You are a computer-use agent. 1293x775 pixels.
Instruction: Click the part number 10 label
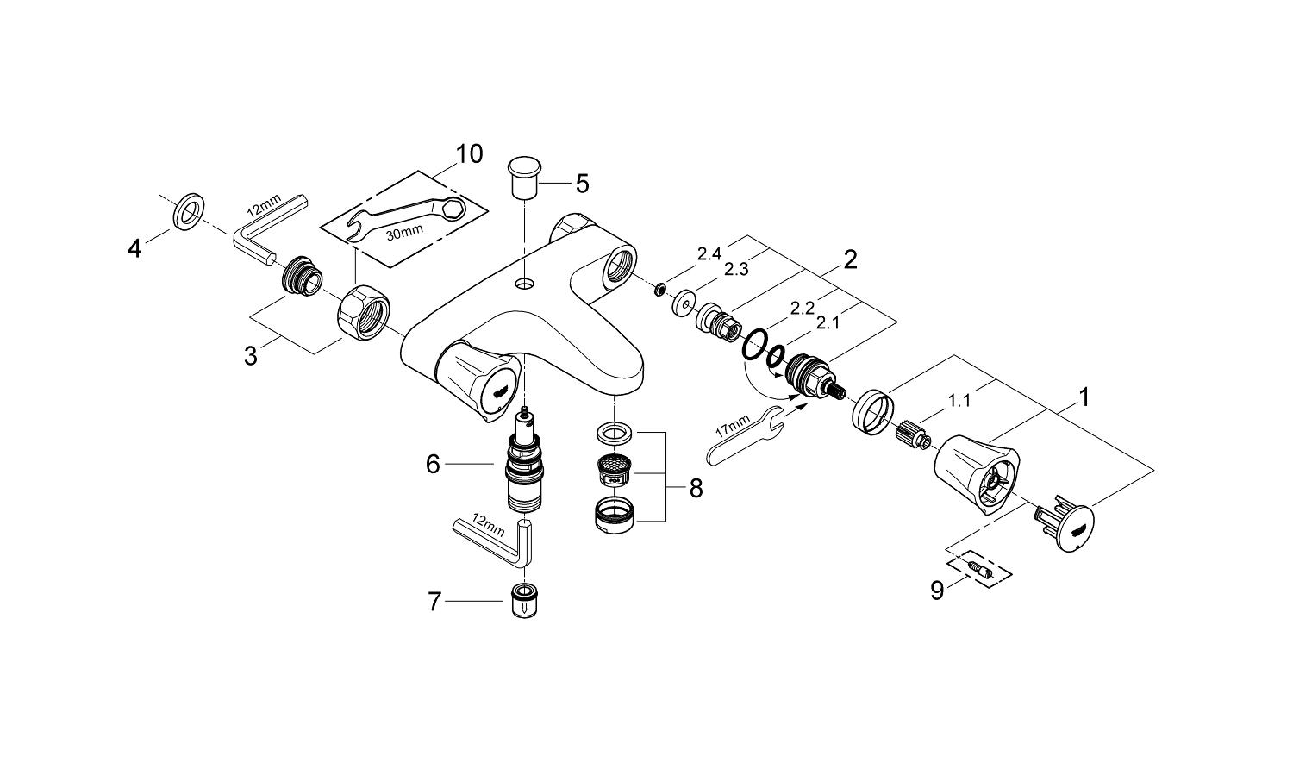(x=469, y=154)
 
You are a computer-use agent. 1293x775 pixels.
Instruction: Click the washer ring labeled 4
(x=188, y=212)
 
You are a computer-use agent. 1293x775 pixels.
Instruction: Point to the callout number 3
(x=250, y=355)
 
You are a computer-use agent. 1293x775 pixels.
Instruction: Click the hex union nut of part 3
(x=363, y=314)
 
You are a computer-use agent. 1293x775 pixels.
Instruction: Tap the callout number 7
(x=435, y=601)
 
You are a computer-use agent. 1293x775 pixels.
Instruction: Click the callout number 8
(x=696, y=489)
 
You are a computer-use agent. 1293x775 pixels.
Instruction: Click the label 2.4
(x=709, y=253)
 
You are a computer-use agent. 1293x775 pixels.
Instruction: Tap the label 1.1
(x=959, y=400)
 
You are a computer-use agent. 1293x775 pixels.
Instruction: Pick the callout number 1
(x=1084, y=397)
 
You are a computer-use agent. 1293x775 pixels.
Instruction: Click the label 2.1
(x=828, y=323)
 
